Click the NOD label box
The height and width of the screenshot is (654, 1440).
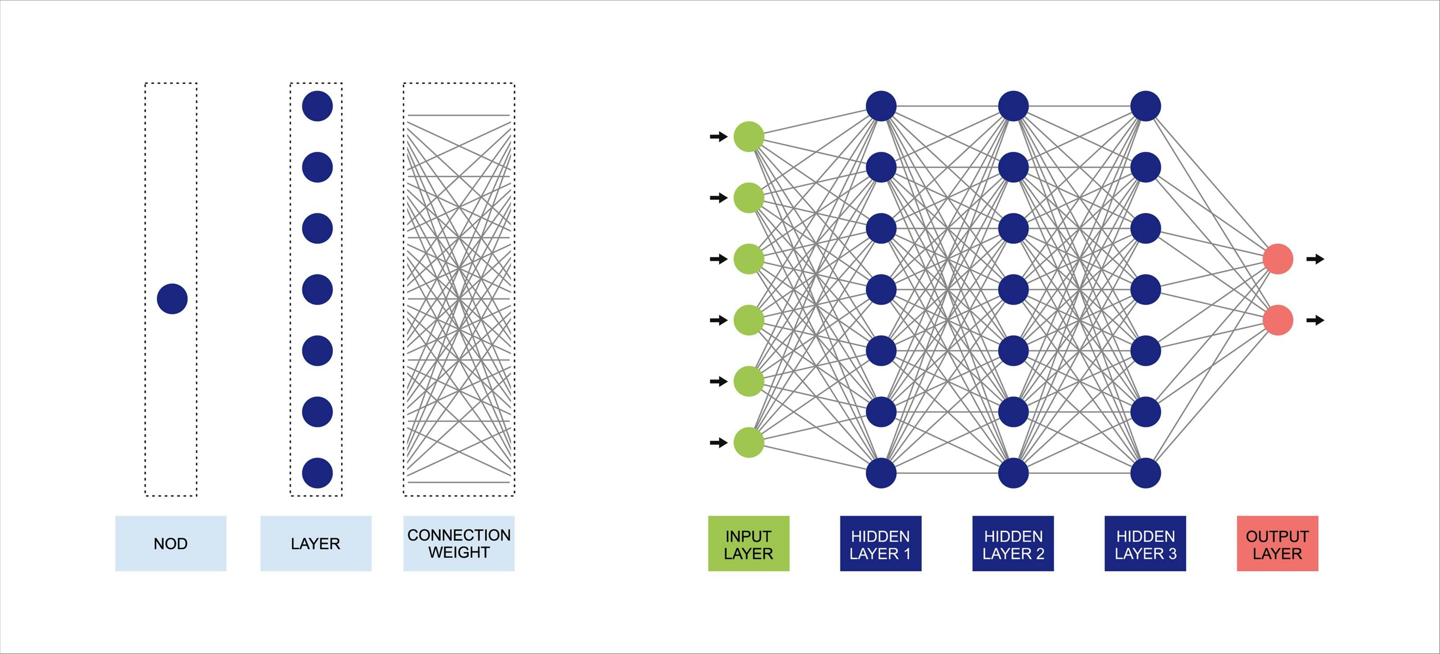pyautogui.click(x=171, y=544)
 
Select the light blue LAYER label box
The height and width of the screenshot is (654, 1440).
pyautogui.click(x=316, y=544)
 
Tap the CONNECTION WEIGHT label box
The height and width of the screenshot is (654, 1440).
pyautogui.click(x=459, y=544)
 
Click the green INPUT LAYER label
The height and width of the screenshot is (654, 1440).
pyautogui.click(x=748, y=544)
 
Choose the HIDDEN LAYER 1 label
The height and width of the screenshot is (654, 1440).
pyautogui.click(x=880, y=544)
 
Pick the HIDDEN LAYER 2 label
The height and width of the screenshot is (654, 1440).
pyautogui.click(x=1013, y=544)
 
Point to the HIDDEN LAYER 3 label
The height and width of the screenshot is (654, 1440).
pyautogui.click(x=1145, y=544)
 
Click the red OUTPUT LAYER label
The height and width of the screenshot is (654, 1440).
pyautogui.click(x=1277, y=544)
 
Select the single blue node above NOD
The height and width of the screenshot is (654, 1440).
pyautogui.click(x=172, y=299)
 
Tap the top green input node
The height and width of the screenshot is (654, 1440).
pyautogui.click(x=748, y=136)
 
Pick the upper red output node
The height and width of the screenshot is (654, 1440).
pyautogui.click(x=1278, y=259)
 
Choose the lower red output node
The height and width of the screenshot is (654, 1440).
pyautogui.click(x=1278, y=320)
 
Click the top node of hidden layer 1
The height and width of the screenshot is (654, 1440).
pyautogui.click(x=881, y=106)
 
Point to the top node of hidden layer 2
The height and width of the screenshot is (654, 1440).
pyautogui.click(x=1013, y=106)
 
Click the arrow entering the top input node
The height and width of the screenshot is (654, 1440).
pyautogui.click(x=718, y=136)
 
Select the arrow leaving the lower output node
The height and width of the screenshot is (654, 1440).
pyautogui.click(x=1315, y=320)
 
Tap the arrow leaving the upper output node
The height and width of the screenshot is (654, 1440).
pyautogui.click(x=1315, y=259)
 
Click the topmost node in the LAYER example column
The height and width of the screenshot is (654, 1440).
pyautogui.click(x=317, y=106)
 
